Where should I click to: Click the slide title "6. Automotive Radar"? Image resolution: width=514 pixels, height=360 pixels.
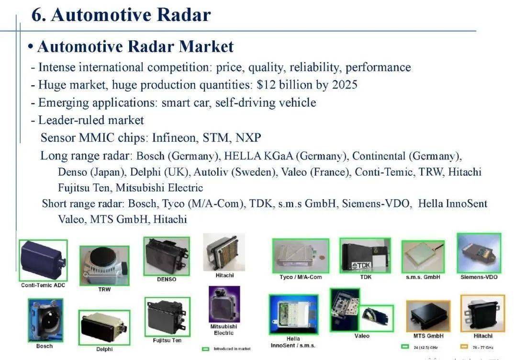pyautogui.click(x=121, y=15)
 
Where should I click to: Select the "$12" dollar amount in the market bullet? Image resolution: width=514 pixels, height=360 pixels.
pyautogui.click(x=265, y=85)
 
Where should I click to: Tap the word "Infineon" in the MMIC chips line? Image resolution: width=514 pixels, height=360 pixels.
pyautogui.click(x=174, y=138)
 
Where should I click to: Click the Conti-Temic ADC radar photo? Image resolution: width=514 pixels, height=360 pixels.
pyautogui.click(x=43, y=260)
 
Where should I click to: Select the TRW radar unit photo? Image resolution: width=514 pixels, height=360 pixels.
pyautogui.click(x=104, y=265)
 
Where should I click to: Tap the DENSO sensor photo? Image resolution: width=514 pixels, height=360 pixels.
pyautogui.click(x=167, y=256)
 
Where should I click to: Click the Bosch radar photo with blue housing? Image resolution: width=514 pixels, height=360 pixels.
pyautogui.click(x=45, y=320)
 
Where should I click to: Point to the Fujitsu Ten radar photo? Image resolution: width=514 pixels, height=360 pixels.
pyautogui.click(x=167, y=316)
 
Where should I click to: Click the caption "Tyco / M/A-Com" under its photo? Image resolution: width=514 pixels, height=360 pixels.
pyautogui.click(x=301, y=277)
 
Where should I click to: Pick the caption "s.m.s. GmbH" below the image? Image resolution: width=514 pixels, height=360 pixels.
pyautogui.click(x=423, y=277)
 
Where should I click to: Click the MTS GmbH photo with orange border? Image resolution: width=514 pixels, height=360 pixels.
pyautogui.click(x=428, y=316)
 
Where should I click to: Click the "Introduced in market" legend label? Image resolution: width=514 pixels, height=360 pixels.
pyautogui.click(x=231, y=349)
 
